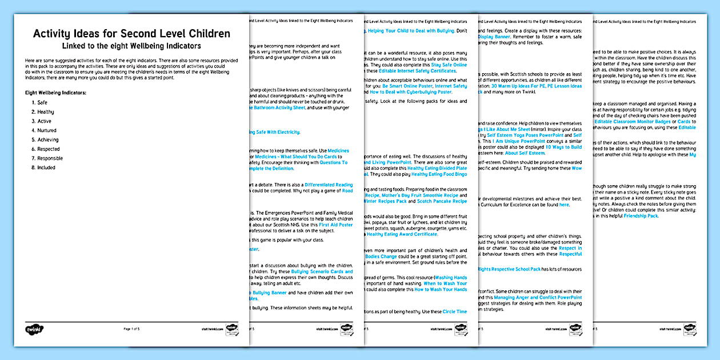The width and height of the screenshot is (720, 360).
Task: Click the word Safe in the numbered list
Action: pyautogui.click(x=42, y=103)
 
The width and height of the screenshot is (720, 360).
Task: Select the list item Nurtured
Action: pyautogui.click(x=47, y=130)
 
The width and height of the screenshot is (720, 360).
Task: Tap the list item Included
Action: pyautogui.click(x=46, y=167)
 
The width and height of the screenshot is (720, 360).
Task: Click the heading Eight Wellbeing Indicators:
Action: pyautogui.click(x=56, y=92)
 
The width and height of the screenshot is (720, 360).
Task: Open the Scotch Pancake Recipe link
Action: pyautogui.click(x=442, y=201)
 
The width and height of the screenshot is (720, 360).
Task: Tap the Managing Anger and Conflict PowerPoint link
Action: pyautogui.click(x=538, y=298)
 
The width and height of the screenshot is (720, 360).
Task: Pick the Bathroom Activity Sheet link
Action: pyautogui.click(x=278, y=108)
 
